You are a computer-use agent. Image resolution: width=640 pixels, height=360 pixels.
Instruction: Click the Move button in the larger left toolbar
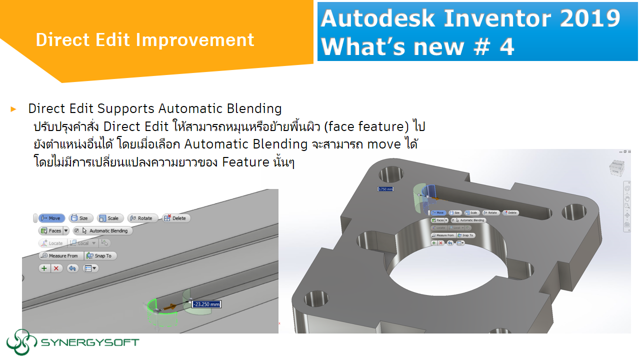[51, 218]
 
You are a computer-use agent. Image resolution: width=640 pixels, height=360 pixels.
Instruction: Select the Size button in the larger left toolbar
[80, 218]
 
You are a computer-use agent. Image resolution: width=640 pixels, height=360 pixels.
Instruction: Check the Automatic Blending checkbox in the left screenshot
[76, 231]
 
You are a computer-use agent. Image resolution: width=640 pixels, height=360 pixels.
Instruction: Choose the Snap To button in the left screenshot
[99, 255]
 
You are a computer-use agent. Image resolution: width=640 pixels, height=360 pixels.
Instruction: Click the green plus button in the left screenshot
[44, 268]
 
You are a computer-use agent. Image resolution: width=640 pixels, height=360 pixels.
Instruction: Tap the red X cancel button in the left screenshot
[56, 268]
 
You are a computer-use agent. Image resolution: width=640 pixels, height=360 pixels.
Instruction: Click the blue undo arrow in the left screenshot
[72, 268]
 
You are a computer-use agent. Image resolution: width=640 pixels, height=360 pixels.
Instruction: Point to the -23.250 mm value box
[206, 304]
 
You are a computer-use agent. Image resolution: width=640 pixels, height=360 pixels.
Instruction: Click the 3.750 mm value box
[385, 189]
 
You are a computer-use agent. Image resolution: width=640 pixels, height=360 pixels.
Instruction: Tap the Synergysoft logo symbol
[21, 342]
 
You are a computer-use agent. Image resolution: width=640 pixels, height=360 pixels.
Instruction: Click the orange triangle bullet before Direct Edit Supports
[13, 108]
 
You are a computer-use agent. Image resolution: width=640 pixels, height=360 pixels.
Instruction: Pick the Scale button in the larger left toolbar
[109, 218]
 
